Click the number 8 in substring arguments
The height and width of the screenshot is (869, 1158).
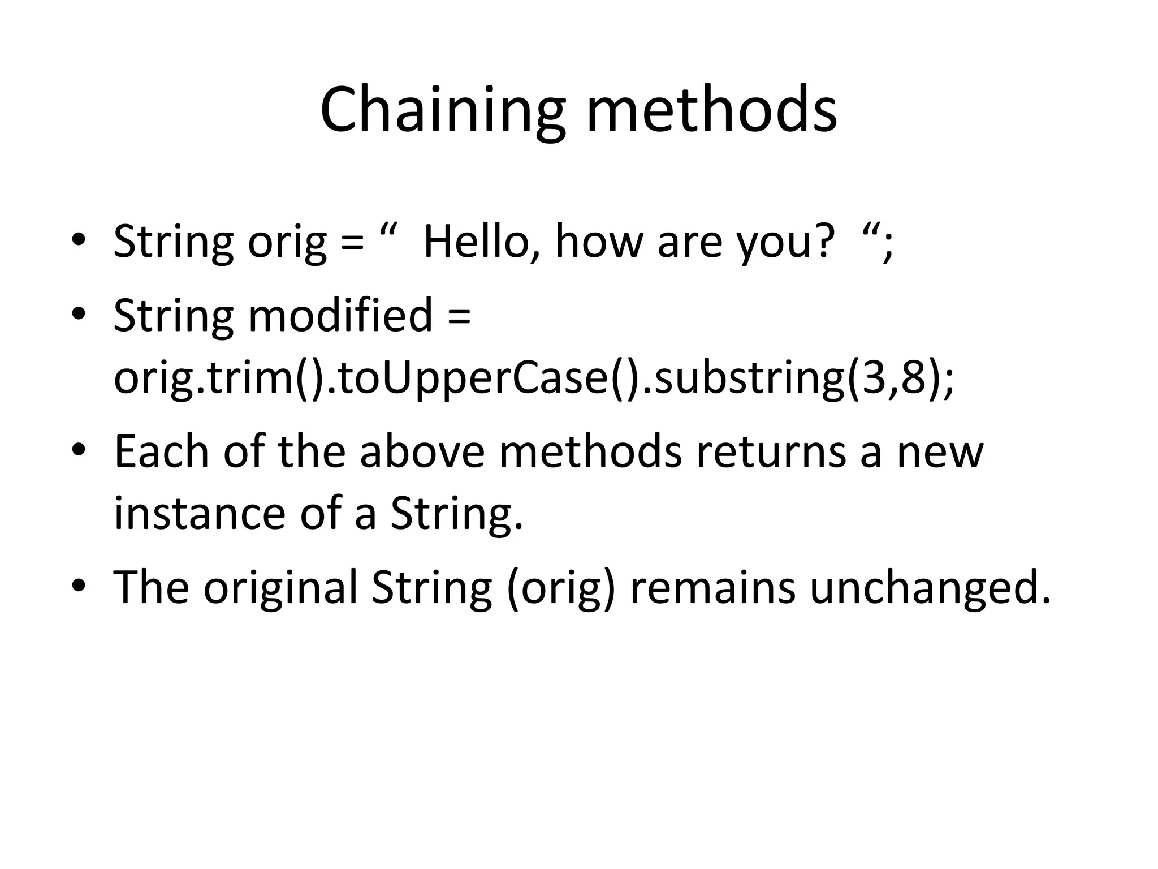[x=914, y=378]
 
